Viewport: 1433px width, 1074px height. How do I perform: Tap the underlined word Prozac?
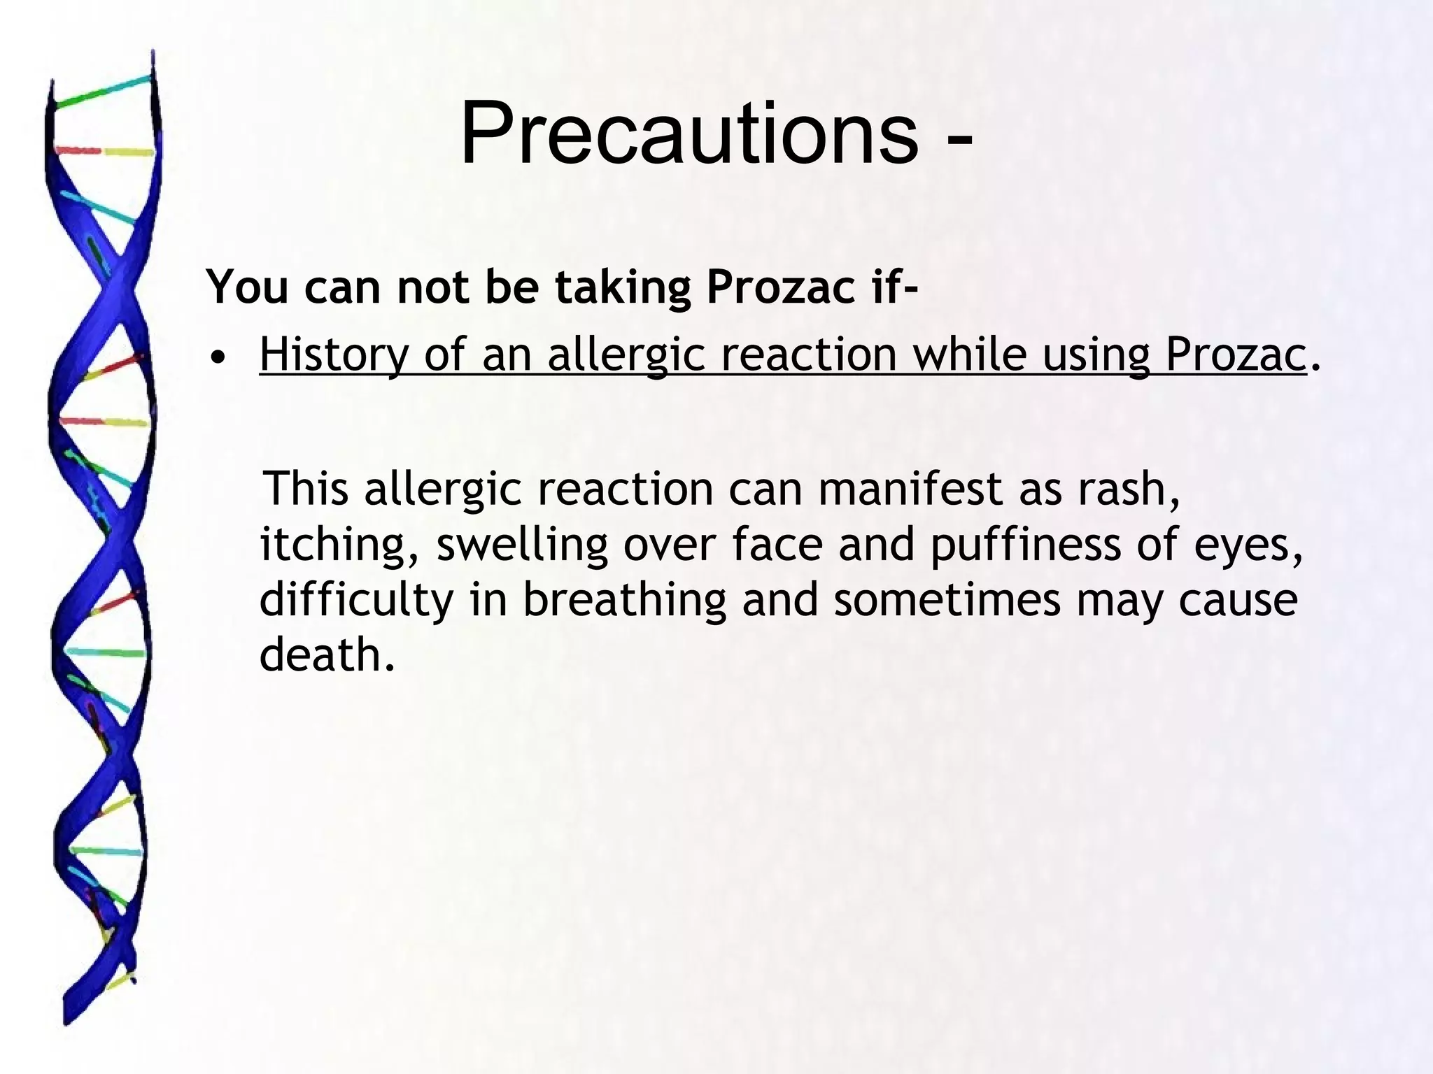pos(1236,355)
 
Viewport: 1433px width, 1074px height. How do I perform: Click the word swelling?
pos(522,545)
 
